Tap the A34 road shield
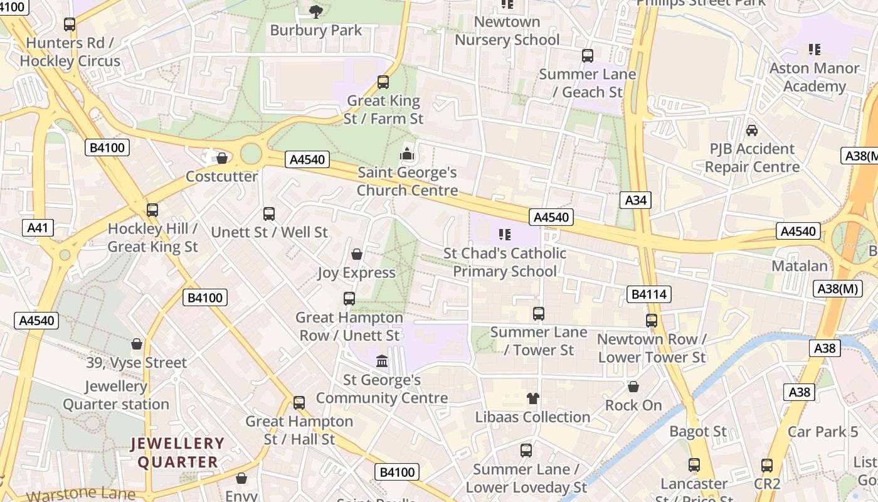[635, 200]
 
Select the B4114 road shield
[648, 294]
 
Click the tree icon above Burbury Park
[316, 11]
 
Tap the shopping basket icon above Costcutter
[222, 158]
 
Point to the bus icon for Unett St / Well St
[269, 214]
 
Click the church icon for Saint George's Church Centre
[407, 154]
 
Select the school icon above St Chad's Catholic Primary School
[505, 235]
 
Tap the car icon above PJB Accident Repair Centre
[752, 131]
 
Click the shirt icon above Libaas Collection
[532, 398]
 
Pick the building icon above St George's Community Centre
[381, 361]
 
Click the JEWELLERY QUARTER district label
[177, 453]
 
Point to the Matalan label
[799, 266]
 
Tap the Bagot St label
[697, 432]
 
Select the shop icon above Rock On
[633, 387]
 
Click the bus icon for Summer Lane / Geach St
[588, 56]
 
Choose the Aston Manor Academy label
[814, 77]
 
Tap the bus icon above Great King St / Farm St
[383, 82]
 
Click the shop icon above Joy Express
[357, 254]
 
